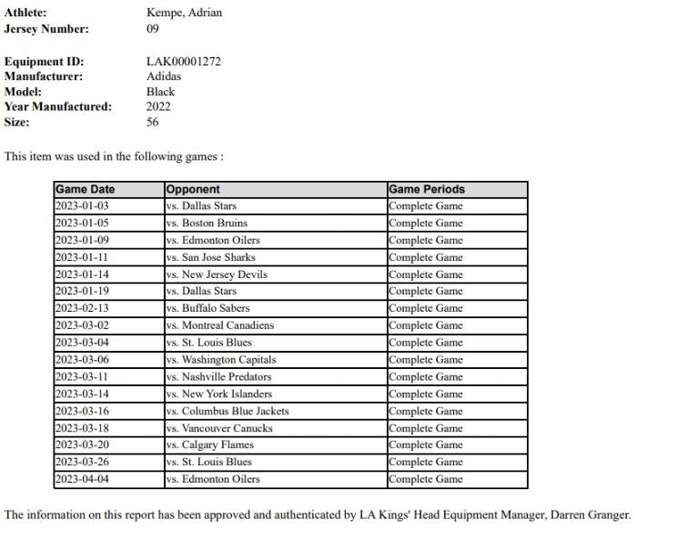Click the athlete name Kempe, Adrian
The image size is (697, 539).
pos(184,13)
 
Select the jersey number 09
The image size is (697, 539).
pos(153,28)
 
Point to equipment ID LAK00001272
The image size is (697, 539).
pos(183,62)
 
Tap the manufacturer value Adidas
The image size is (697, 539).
pos(164,76)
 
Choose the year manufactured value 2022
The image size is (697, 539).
pos(158,106)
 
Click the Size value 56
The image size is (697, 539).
pos(153,122)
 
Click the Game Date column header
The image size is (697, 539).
pos(86,190)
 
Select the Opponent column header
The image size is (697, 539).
pos(193,190)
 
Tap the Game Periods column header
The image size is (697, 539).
pos(427,190)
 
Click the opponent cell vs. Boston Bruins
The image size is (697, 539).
pos(207,223)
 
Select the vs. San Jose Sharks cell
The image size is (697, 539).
pos(210,257)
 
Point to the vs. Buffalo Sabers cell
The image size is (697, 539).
pos(208,308)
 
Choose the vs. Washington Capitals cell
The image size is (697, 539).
pos(221,360)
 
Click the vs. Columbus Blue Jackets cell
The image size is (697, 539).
pos(227,411)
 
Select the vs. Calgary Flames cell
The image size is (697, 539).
pos(210,445)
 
